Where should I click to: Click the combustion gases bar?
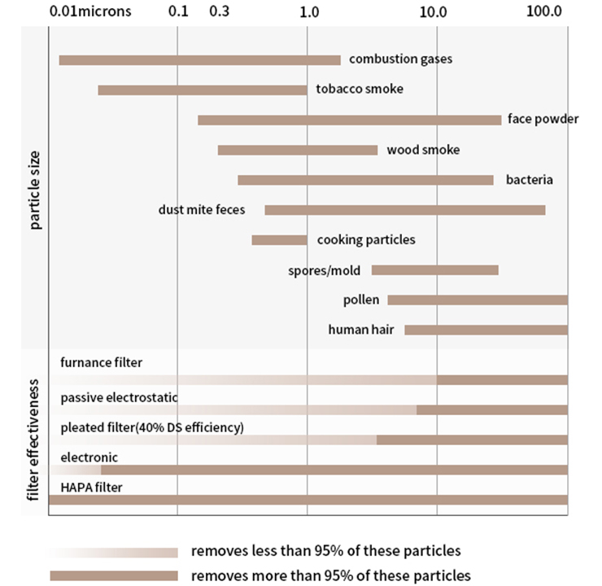199,59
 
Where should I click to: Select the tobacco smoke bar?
202,90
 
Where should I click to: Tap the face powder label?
543,119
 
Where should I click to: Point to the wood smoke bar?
298,150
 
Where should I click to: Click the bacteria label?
529,179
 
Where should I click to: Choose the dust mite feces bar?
404,210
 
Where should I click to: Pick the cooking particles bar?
279,240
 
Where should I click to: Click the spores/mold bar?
434,270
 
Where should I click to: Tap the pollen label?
361,300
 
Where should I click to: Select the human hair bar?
486,330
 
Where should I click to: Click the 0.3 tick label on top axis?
219,13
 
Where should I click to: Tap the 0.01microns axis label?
89,13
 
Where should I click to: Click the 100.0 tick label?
544,13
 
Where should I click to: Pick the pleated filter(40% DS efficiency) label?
151,426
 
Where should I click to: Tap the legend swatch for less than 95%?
114,552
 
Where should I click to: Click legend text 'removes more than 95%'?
330,575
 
